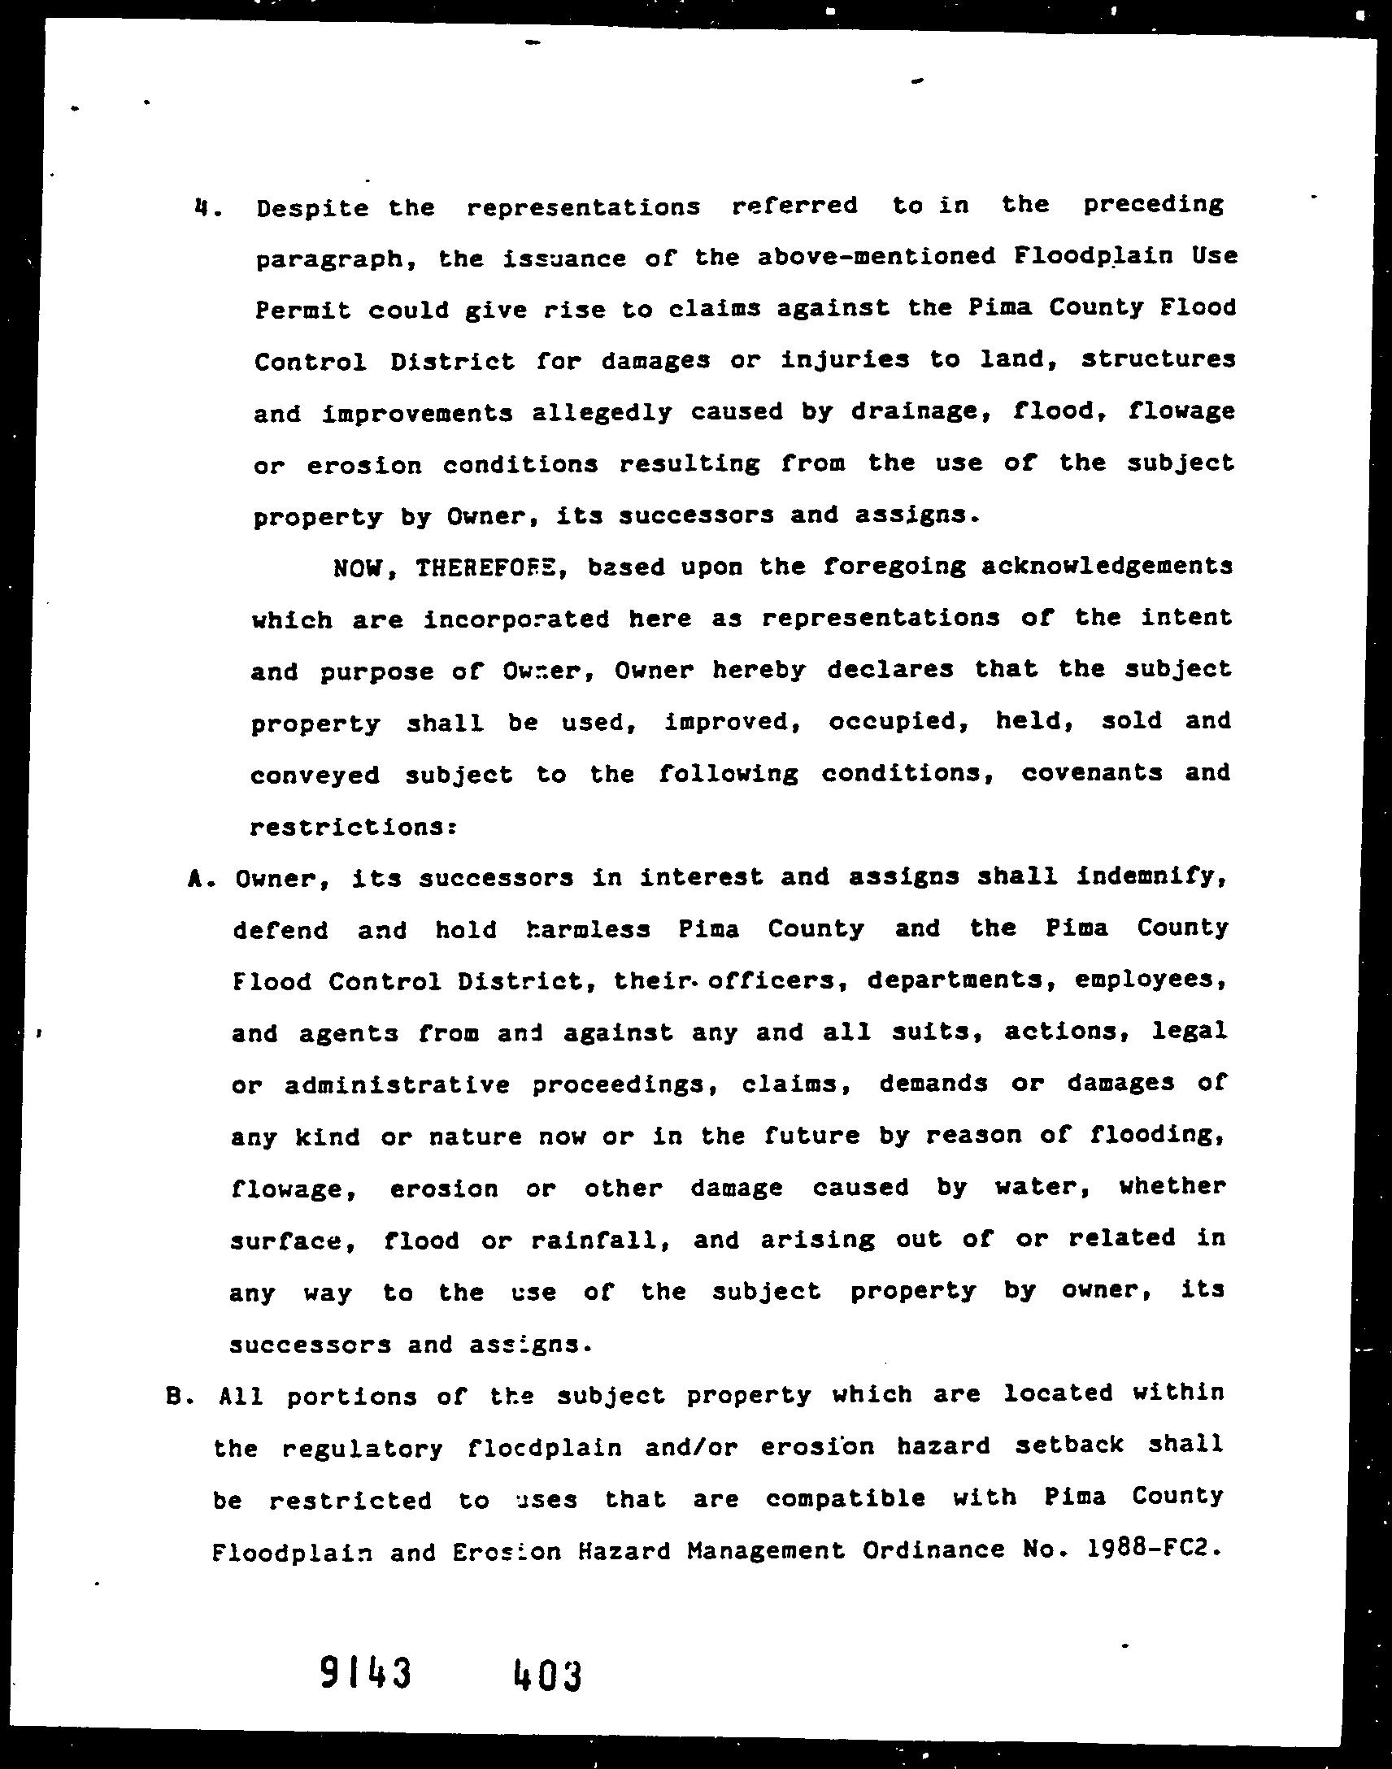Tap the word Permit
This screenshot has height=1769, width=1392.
(302, 311)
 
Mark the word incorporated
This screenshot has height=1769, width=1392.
(516, 619)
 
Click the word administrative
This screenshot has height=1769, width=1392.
(398, 1085)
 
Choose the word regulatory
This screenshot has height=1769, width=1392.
(362, 1449)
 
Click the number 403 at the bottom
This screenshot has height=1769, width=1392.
(548, 1676)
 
